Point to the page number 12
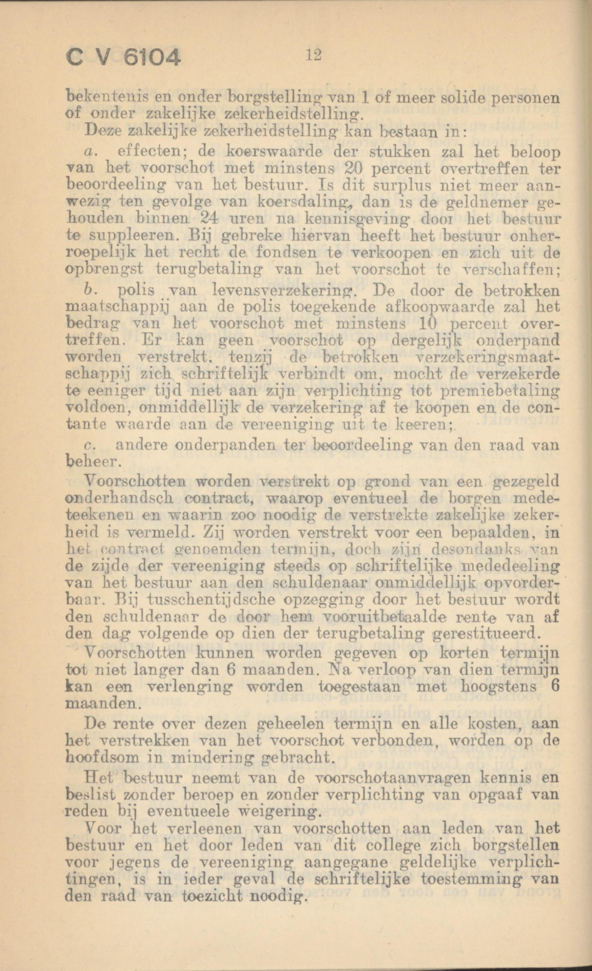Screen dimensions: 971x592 point(314,54)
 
